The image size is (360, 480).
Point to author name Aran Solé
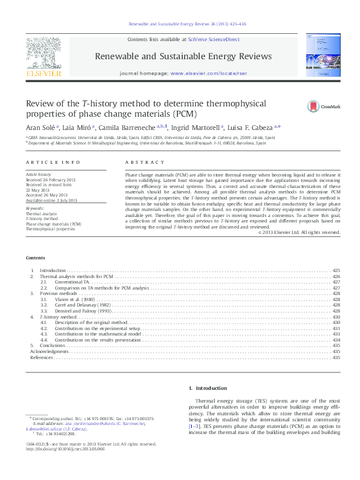point(41,128)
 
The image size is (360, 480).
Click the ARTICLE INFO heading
point(53,163)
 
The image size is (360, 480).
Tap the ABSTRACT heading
point(145,163)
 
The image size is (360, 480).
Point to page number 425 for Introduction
point(336,270)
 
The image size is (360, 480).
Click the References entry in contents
point(42,357)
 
